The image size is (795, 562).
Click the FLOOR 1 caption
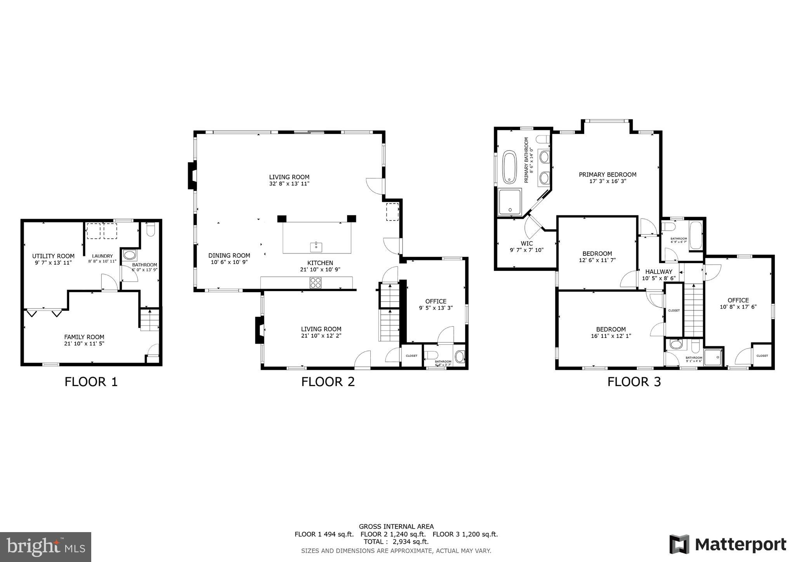point(91,382)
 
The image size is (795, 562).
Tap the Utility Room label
point(53,256)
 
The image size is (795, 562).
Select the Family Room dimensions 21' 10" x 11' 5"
point(84,343)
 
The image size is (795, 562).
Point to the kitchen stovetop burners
point(316,283)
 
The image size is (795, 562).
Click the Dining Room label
point(229,255)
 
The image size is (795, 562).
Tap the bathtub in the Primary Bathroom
point(509,167)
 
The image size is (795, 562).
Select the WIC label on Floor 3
point(527,243)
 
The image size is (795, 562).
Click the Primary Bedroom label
point(608,175)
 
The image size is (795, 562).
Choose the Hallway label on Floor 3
point(659,272)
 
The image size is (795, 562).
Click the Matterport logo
point(728,544)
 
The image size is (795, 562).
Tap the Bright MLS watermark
point(45,547)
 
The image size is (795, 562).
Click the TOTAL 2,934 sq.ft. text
point(396,542)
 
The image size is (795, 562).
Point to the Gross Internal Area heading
point(396,527)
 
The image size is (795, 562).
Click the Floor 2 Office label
point(436,301)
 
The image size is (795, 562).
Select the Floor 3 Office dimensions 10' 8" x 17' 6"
point(738,307)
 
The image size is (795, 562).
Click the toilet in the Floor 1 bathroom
point(151,230)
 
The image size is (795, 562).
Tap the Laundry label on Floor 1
point(102,256)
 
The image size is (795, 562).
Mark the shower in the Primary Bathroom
point(510,202)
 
